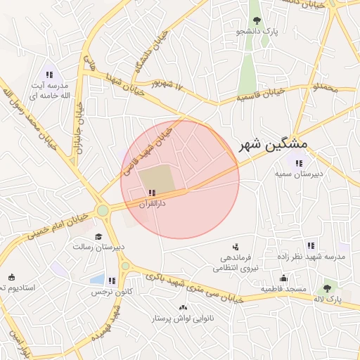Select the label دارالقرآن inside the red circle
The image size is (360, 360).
152,203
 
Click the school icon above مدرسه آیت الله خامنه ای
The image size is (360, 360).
49,75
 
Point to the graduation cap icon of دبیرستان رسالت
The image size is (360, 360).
98,236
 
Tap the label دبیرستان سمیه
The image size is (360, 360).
298,174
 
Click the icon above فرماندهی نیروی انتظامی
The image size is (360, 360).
236,247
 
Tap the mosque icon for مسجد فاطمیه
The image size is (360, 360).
283,278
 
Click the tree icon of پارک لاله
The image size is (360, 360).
327,288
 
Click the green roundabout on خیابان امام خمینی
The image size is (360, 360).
103,210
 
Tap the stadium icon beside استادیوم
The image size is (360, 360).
10,277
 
